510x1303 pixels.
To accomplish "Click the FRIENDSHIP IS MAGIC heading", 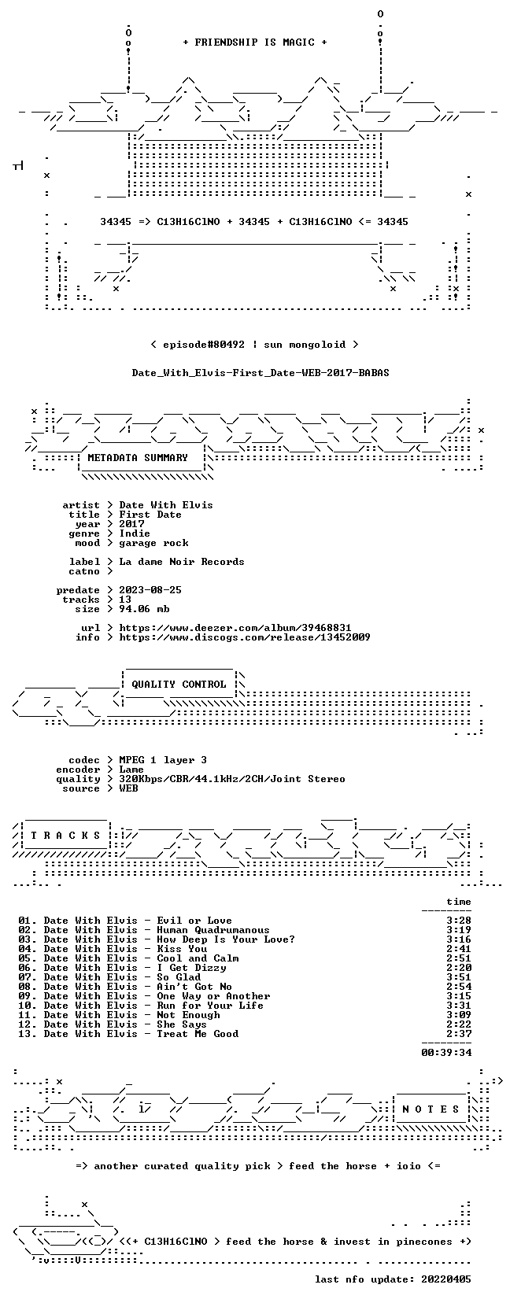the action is pos(255,42).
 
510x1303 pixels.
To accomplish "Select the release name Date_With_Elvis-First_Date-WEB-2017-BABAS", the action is pos(261,373).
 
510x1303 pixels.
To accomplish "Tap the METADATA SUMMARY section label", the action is pos(138,458).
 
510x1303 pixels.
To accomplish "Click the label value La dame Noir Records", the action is pos(182,562).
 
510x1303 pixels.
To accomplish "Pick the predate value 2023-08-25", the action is pos(150,590).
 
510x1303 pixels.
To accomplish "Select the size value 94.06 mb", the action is pos(144,609).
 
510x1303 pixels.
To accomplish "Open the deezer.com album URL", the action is pos(235,628).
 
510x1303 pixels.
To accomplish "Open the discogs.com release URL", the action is pos(244,637).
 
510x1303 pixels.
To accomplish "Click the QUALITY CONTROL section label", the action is pos(179,685).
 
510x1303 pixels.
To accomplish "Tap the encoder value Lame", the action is pos(131,770).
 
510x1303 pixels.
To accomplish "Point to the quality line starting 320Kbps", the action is pos(232,779).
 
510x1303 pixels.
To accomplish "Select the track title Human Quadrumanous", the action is pos(213,930).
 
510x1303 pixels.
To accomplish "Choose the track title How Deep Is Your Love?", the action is pos(226,939).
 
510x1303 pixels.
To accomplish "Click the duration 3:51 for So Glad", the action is pos(459,977).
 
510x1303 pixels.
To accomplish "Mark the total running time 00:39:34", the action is pos(446,1052).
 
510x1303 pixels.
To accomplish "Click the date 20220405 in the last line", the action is pos(446,1279).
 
